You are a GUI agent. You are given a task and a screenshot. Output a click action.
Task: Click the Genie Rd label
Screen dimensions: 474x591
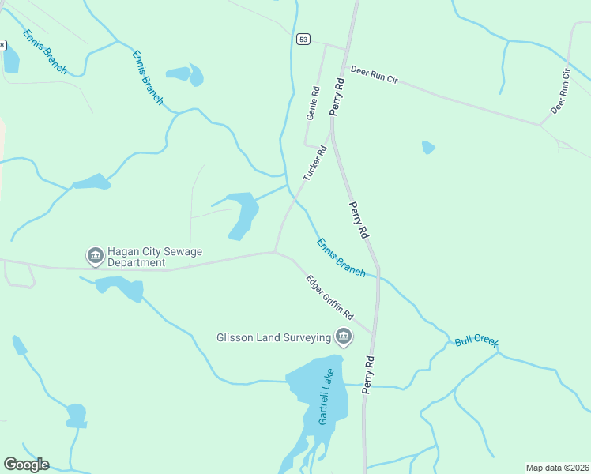312,103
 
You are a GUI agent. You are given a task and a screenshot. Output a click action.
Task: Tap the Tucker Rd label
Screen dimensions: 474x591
315,162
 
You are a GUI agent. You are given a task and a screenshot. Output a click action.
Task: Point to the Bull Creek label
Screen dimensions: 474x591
476,342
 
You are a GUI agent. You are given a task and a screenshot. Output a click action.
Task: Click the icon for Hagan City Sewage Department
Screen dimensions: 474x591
94,256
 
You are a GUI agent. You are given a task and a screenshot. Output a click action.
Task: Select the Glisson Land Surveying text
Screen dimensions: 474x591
273,337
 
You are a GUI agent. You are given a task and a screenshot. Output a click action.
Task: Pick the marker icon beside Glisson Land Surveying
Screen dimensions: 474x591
343,337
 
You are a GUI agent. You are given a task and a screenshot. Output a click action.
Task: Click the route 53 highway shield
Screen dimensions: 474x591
304,39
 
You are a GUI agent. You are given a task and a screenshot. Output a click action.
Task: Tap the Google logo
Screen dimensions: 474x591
26,465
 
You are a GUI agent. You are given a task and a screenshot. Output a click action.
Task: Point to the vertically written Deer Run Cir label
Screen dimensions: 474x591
561,92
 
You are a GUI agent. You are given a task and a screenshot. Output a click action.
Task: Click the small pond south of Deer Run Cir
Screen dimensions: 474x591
428,147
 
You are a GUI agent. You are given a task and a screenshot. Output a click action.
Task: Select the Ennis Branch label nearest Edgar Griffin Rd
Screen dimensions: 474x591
341,257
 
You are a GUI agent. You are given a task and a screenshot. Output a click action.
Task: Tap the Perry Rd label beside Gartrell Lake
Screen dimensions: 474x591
367,374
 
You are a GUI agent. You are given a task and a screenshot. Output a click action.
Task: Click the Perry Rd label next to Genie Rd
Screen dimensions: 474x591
339,96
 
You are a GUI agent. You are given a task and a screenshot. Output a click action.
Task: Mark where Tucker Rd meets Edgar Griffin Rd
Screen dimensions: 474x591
274,252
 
